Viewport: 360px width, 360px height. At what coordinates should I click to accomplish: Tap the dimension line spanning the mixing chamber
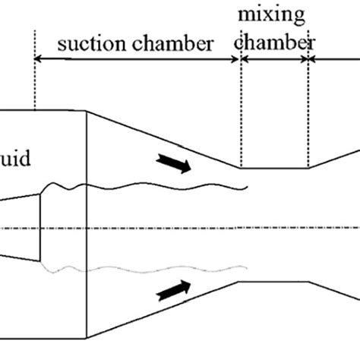(274, 60)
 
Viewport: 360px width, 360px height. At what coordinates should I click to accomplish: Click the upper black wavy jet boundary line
(152, 186)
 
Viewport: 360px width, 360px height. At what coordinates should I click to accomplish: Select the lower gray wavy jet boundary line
(152, 268)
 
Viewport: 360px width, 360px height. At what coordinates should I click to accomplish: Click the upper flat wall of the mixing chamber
(274, 169)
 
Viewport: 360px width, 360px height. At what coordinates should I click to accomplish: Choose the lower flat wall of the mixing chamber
(274, 283)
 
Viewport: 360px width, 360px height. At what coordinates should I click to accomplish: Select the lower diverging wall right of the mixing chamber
(334, 295)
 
